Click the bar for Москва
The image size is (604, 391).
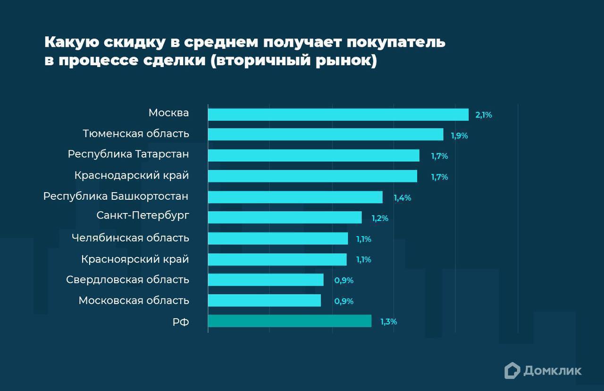click(x=338, y=115)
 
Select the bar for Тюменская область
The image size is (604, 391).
click(x=326, y=135)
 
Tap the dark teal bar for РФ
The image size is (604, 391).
click(x=289, y=322)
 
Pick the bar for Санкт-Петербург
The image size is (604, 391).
click(x=285, y=217)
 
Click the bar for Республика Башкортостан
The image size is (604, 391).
click(x=295, y=197)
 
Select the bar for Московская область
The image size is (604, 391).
click(x=264, y=300)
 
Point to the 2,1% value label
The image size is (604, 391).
click(x=484, y=115)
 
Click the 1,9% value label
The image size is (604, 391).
click(x=459, y=136)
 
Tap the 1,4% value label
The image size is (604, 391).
click(x=402, y=198)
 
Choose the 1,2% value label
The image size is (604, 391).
click(x=379, y=218)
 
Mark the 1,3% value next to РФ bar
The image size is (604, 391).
click(x=388, y=322)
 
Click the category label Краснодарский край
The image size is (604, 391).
click(x=132, y=175)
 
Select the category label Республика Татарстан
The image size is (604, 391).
click(x=128, y=154)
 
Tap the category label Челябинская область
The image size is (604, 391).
click(x=130, y=238)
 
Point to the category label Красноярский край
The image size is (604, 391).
click(x=135, y=259)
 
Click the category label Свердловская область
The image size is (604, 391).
click(x=127, y=280)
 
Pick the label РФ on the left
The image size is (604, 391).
click(x=181, y=322)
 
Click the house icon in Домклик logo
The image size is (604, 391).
click(x=512, y=370)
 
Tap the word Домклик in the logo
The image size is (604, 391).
click(x=552, y=371)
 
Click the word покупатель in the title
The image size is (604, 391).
click(x=396, y=42)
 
